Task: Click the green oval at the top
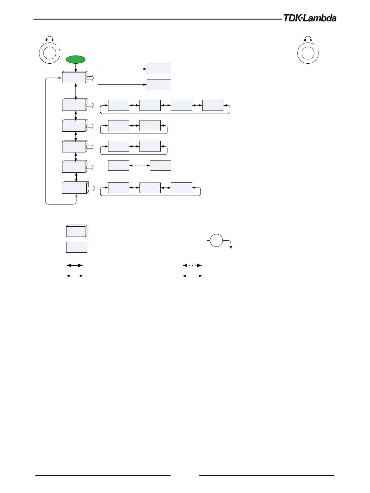coord(76,60)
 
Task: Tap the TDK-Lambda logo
coord(309,18)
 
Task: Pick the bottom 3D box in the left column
coord(75,188)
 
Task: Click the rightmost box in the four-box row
coord(213,106)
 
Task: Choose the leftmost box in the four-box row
coord(119,106)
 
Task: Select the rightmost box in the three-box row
coord(181,188)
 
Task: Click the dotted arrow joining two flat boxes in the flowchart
coord(139,165)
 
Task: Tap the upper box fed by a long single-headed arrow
coord(159,69)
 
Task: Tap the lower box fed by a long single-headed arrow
coord(159,84)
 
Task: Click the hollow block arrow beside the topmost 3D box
coord(90,78)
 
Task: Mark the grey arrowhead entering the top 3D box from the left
coord(60,78)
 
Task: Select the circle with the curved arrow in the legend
coord(217,241)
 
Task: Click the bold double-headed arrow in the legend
coord(75,265)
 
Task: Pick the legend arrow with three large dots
coord(192,265)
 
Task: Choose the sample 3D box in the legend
coord(77,231)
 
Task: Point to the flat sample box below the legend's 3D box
coord(77,247)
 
